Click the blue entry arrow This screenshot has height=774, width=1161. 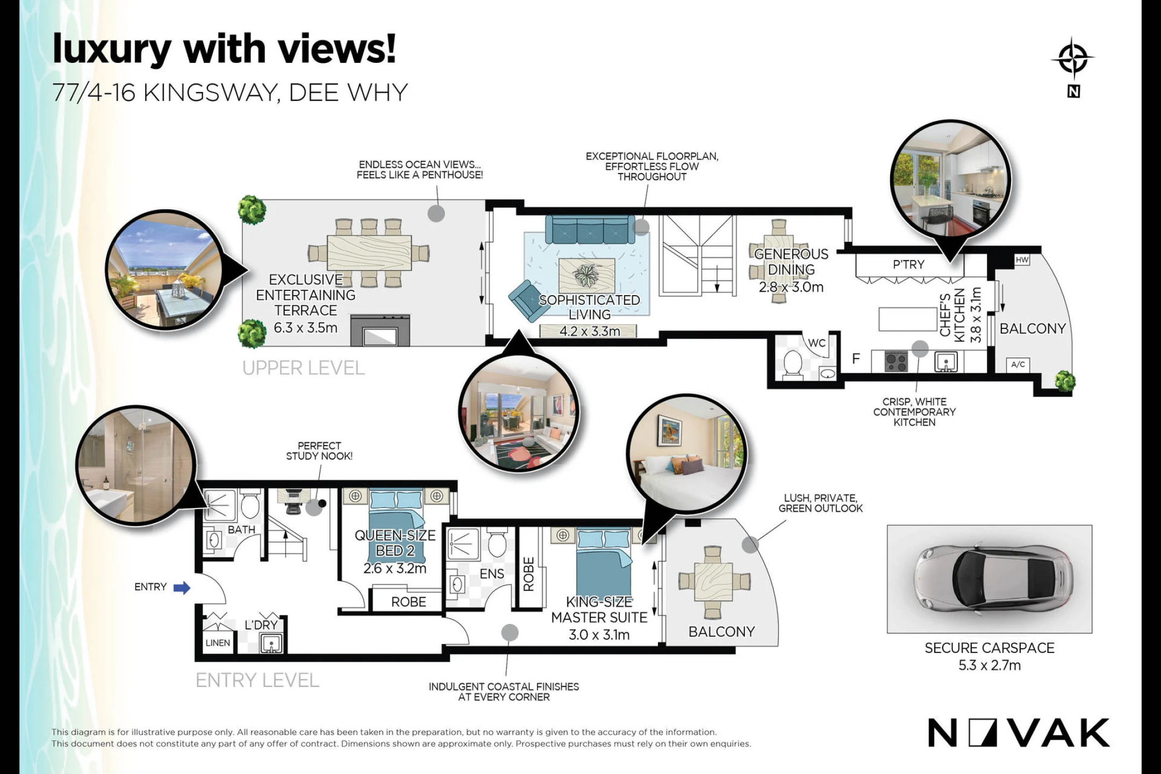(x=182, y=587)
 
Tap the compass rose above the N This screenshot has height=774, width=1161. (x=1073, y=59)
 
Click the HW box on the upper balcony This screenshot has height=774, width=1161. (x=1022, y=260)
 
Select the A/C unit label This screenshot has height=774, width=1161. (x=1018, y=364)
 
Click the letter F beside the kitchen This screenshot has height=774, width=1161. (x=856, y=359)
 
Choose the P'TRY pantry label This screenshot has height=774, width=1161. (x=908, y=264)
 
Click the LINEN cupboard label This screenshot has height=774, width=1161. (x=218, y=643)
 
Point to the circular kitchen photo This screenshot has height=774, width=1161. (x=950, y=180)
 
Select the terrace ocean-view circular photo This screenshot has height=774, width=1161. (x=164, y=270)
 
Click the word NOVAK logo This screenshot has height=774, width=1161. (x=1019, y=733)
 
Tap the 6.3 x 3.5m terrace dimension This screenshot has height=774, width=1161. (x=306, y=327)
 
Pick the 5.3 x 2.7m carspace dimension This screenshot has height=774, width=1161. (x=990, y=665)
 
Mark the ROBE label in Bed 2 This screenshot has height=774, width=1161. (x=408, y=602)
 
